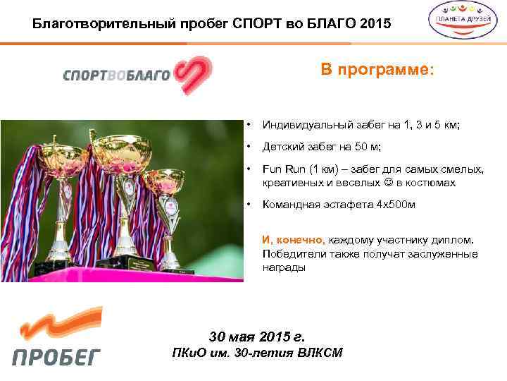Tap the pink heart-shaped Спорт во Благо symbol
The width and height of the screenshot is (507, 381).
pyautogui.click(x=194, y=75)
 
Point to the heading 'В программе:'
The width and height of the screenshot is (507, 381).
pyautogui.click(x=377, y=70)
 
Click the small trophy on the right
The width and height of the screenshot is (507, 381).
pyautogui.click(x=165, y=212)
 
